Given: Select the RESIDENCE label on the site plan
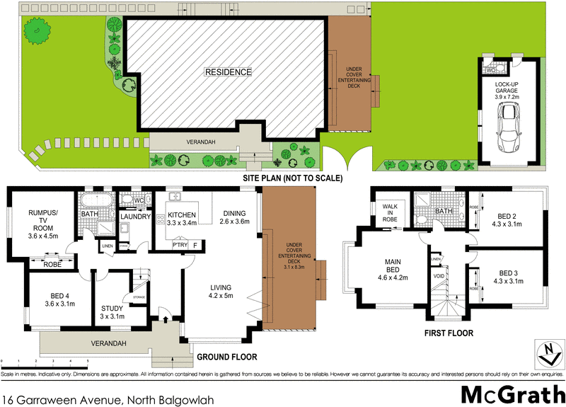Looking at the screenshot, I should (x=228, y=72).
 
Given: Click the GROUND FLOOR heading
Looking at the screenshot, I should (x=226, y=357).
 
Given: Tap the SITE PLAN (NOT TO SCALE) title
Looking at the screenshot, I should (x=292, y=178).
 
